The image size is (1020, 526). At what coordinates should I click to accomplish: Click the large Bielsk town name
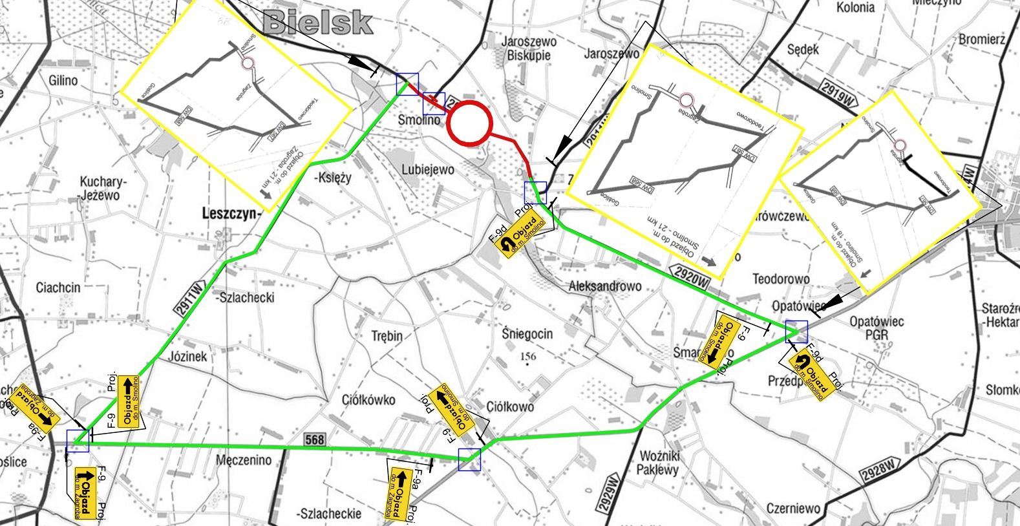[319, 23]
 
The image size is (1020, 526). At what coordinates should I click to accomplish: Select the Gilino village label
[63, 81]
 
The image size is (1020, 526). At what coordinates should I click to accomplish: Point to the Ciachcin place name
[58, 288]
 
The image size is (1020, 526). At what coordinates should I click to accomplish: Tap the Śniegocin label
[527, 334]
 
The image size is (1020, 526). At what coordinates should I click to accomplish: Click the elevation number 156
[527, 356]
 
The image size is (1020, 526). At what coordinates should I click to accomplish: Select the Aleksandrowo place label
[604, 286]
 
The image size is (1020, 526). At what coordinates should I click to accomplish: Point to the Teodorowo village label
[781, 279]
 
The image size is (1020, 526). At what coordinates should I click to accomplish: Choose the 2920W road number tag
[691, 273]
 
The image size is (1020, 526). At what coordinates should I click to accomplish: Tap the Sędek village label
[803, 50]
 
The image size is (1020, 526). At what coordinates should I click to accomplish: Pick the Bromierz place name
[982, 39]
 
